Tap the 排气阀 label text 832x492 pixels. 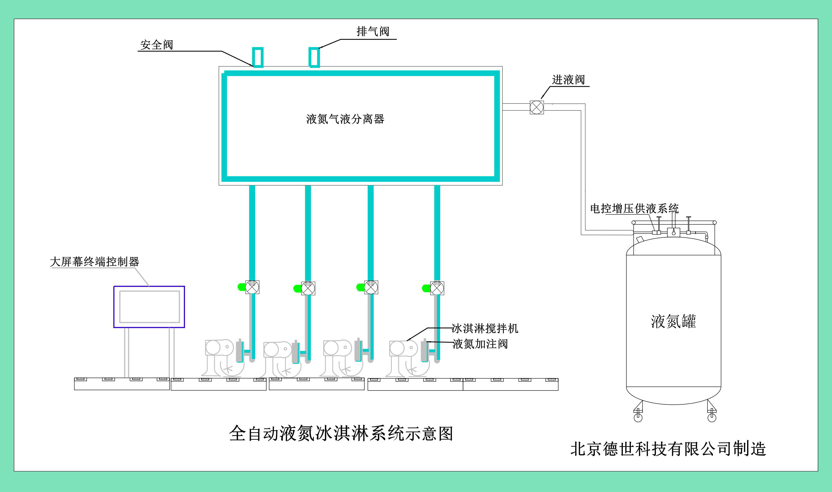tap(373, 32)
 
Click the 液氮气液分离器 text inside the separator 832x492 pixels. tap(345, 119)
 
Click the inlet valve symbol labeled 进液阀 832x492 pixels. tap(536, 107)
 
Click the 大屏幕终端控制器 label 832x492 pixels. tap(94, 262)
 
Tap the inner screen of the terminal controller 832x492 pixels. tap(149, 307)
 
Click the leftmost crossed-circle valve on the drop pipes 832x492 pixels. tap(252, 287)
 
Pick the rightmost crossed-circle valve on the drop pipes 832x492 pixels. tap(437, 288)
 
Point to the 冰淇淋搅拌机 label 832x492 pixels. tap(485, 328)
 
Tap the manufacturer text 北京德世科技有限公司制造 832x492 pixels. tap(668, 449)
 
